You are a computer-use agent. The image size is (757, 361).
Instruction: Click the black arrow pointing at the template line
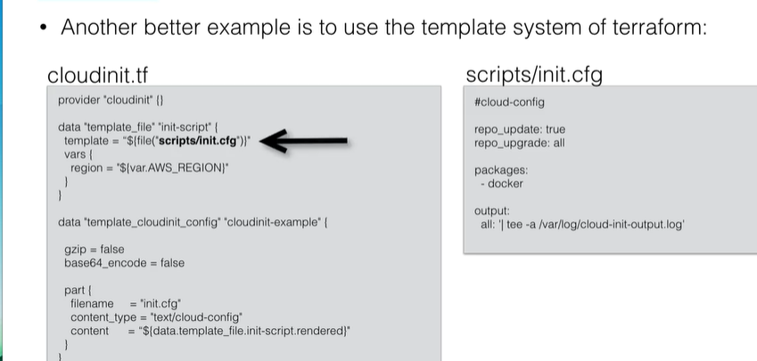pos(304,141)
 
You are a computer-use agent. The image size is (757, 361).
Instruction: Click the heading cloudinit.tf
pos(97,76)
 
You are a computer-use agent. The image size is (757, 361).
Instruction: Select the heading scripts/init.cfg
pos(534,75)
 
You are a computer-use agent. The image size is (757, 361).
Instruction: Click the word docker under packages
pos(505,184)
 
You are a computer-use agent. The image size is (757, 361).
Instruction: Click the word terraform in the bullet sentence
pos(660,28)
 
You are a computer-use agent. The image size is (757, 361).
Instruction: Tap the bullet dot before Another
pos(44,28)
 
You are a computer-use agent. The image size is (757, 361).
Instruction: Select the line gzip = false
pos(95,250)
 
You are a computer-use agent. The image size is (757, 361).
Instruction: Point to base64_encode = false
pos(124,263)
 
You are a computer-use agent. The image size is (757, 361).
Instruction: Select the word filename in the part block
pos(92,304)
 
